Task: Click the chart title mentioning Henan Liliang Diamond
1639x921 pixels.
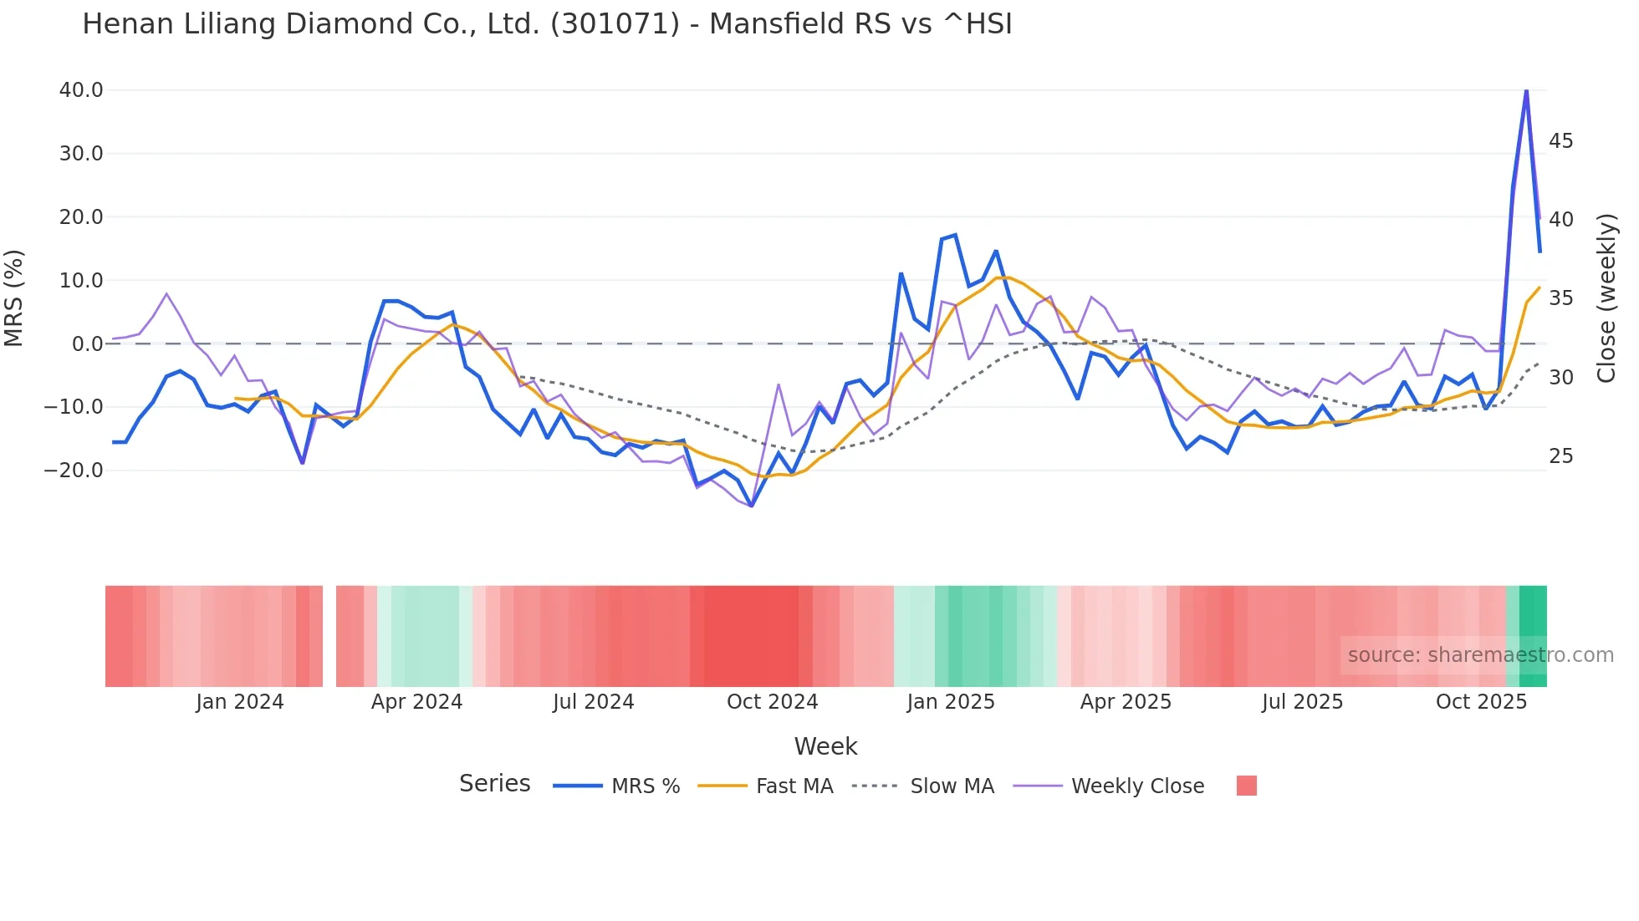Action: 547,24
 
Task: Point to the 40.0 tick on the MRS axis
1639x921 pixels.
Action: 81,90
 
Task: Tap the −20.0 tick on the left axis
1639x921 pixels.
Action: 74,471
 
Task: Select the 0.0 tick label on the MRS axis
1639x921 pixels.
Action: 88,344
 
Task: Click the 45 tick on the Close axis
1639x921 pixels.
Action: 1560,141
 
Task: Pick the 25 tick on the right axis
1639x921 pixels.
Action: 1560,456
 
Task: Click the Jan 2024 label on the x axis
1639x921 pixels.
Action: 240,702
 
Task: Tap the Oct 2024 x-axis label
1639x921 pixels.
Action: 772,702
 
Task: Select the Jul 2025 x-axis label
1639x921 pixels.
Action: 1302,702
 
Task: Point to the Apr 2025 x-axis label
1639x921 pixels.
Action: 1126,702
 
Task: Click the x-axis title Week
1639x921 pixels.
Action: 825,746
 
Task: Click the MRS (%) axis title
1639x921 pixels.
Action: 14,298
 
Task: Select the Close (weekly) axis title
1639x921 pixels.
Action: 1606,298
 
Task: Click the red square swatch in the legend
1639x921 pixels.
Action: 1246,786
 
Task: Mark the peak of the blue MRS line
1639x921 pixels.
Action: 1526,89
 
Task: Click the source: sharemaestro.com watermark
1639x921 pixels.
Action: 1480,655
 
